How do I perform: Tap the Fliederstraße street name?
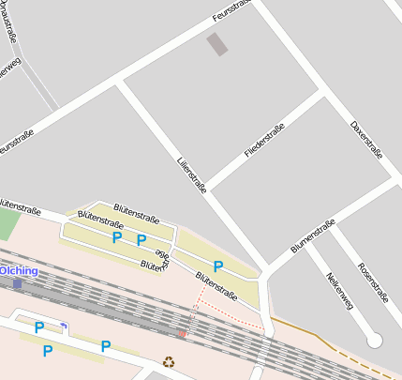pos(262,140)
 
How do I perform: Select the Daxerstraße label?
pos(366,140)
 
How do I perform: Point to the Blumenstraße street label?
pos(313,235)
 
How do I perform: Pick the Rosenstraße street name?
pos(372,283)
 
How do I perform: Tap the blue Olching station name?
pos(20,270)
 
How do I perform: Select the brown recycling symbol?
pos(169,361)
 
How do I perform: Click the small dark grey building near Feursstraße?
pos(217,44)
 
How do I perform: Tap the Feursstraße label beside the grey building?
pos(231,12)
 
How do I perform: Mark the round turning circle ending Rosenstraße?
pos(375,341)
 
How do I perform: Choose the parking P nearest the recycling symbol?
pos(106,346)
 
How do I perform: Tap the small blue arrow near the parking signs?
pos(63,326)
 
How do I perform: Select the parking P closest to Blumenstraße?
pos(217,266)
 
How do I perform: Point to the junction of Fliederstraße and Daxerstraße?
pos(322,92)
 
